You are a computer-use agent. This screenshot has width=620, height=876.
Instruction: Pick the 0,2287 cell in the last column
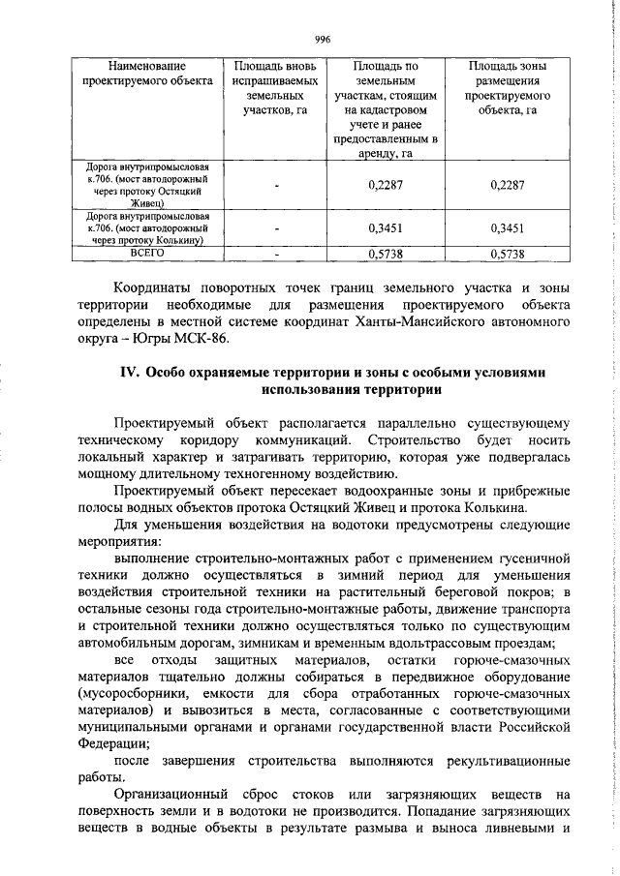point(507,185)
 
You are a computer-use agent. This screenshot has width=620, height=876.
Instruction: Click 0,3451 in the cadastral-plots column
point(386,228)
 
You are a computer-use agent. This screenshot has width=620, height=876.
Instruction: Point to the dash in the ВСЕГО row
point(277,254)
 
